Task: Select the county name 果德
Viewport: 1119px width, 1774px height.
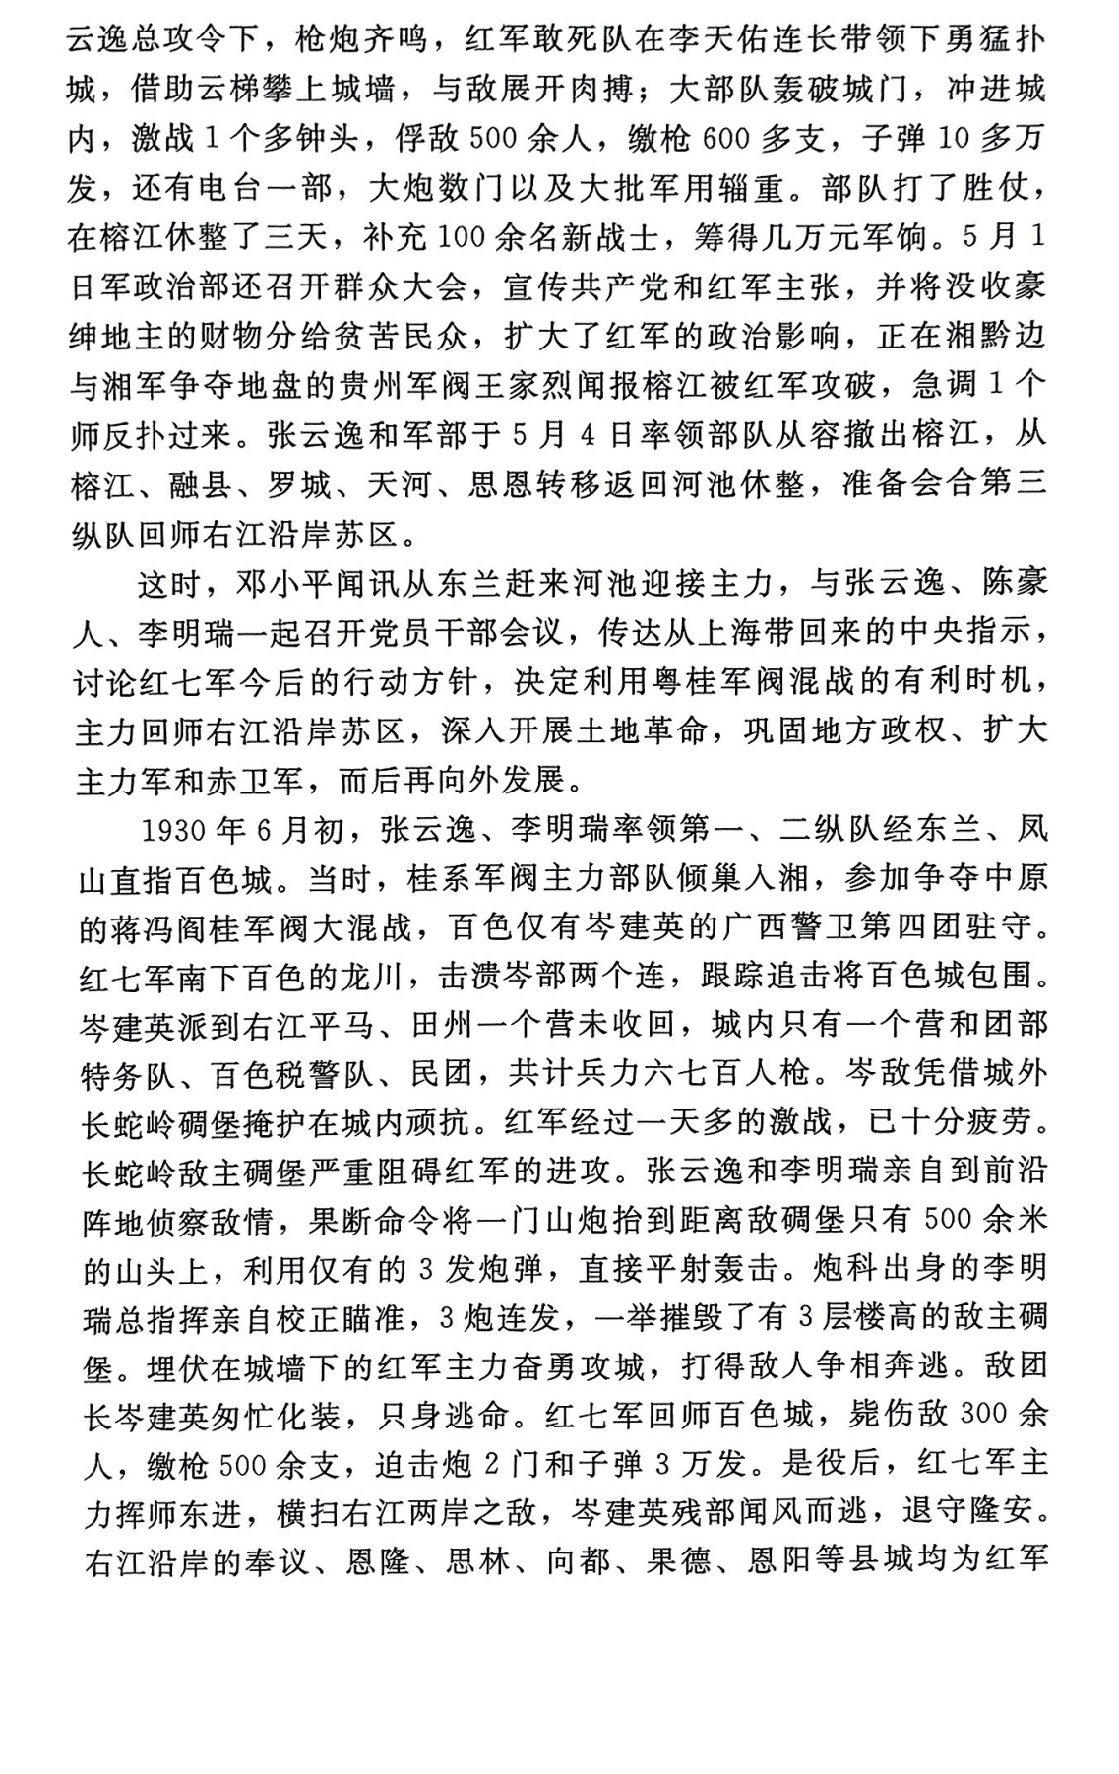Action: (678, 1561)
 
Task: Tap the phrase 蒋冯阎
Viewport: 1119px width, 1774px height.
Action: (158, 927)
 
